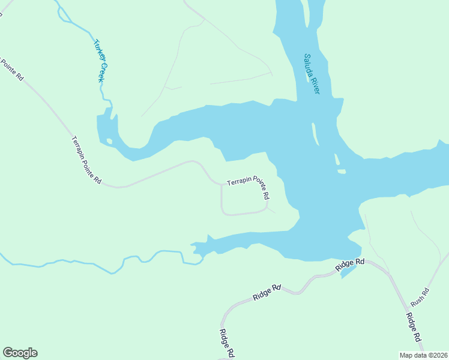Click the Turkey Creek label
pos(101,61)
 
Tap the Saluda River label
pos(312,73)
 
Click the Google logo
pos(20,353)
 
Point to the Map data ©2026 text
pos(423,355)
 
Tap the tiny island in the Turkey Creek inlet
pos(109,142)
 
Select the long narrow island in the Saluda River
pos(314,133)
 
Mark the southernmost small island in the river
pos(341,172)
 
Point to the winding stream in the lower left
pos(90,263)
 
